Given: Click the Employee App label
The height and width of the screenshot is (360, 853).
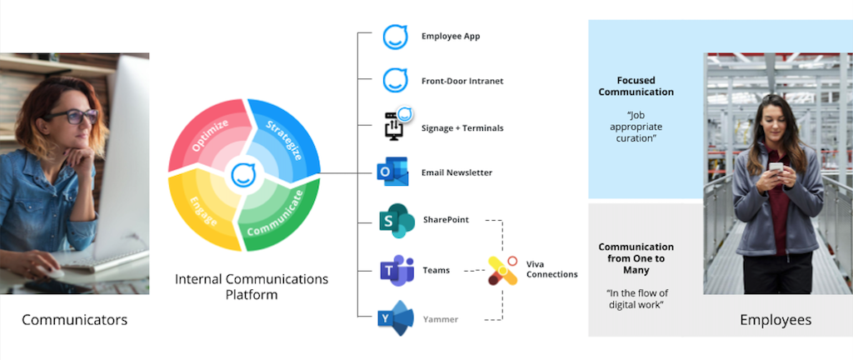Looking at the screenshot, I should click(450, 37).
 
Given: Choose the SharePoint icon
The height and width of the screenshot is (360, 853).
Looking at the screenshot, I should click(396, 221).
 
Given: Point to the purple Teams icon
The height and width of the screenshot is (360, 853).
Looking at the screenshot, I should click(396, 270).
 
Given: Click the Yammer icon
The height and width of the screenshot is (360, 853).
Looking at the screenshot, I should click(397, 318).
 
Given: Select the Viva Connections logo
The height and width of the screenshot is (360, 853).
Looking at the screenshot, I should click(502, 269).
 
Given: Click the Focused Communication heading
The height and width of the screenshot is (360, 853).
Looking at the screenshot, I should click(636, 86).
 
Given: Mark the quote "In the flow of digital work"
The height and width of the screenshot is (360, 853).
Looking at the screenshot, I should click(636, 297).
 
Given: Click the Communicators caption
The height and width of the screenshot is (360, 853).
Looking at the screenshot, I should click(74, 320).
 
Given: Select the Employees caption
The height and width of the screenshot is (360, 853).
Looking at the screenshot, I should click(775, 320).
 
